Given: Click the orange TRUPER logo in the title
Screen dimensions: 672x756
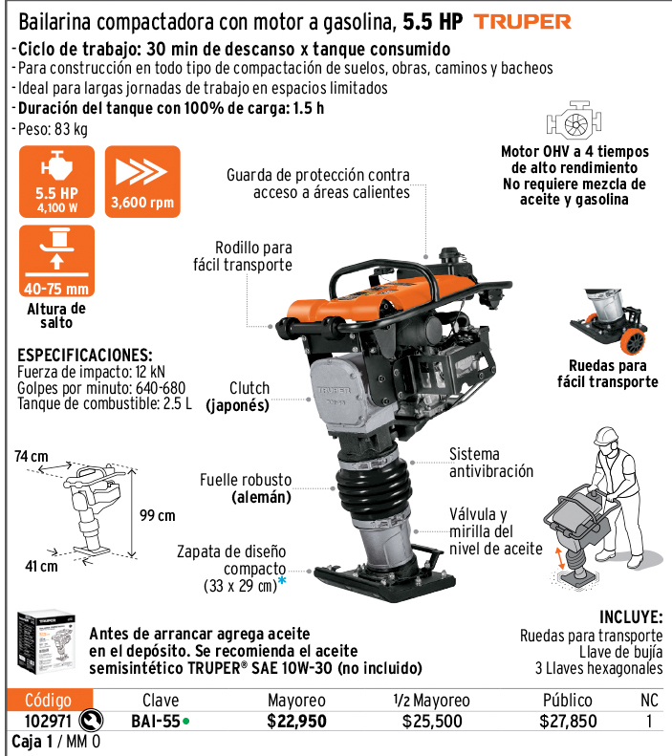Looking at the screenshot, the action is (523, 22).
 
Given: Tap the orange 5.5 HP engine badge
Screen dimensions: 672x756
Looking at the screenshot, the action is (57, 182).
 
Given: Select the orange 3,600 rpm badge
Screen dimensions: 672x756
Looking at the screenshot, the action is (142, 182).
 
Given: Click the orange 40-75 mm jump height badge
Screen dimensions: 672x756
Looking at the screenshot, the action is (57, 261).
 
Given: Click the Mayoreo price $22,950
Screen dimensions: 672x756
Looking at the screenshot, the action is (297, 722).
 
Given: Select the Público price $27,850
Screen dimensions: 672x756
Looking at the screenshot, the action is (568, 722).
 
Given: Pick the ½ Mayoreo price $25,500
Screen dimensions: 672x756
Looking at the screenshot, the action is (432, 722).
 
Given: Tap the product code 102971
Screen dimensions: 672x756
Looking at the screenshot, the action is (48, 722).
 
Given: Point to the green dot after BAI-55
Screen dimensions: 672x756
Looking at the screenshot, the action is (186, 722).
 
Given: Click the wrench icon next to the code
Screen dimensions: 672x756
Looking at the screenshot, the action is (91, 721).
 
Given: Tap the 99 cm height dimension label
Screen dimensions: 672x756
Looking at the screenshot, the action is (158, 515).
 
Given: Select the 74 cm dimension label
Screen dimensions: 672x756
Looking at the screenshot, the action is (32, 456).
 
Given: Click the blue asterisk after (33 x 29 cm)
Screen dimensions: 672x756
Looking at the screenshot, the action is (282, 580).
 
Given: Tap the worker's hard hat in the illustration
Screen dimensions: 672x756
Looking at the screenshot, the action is (606, 436).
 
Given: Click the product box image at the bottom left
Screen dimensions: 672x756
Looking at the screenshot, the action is (47, 642).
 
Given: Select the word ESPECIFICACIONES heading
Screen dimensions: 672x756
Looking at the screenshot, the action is (85, 356).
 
